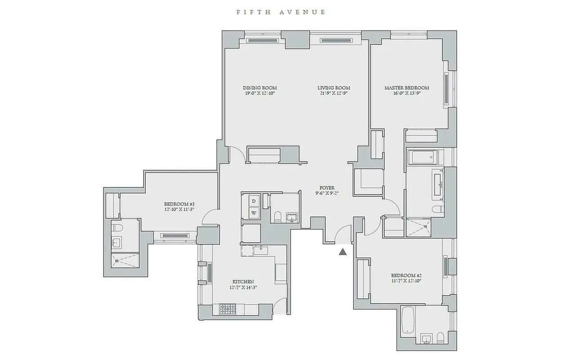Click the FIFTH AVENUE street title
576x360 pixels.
point(281,12)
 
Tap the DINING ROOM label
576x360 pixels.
point(260,88)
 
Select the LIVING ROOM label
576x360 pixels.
point(333,88)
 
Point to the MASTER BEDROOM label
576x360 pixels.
point(406,88)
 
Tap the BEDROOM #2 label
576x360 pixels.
point(406,275)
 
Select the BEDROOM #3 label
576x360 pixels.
point(179,203)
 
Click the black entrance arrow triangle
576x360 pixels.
point(343,252)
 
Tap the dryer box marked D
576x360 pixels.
point(254,201)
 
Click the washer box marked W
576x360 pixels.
point(254,212)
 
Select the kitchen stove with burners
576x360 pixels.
point(228,309)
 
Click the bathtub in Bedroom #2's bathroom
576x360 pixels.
point(407,321)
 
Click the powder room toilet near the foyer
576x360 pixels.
point(278,216)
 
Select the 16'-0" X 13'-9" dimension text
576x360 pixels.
point(406,94)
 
